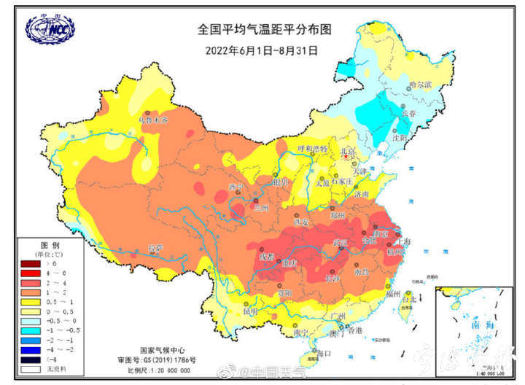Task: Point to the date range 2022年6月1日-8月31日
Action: (x=262, y=50)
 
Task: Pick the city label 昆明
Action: (x=250, y=311)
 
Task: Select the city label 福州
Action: (x=394, y=294)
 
